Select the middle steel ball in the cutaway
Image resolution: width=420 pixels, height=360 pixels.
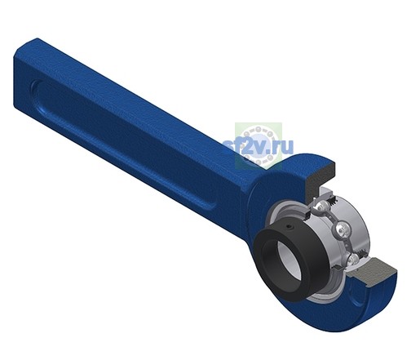coord(342,230)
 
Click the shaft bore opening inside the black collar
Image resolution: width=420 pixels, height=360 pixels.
coord(290,261)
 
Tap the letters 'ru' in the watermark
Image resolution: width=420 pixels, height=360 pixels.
coord(284,147)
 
